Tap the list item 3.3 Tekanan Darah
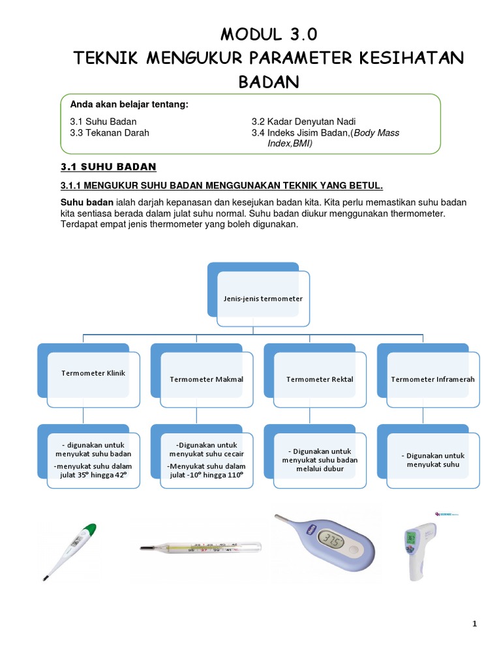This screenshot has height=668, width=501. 110,132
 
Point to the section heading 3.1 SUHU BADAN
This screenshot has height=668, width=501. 108,166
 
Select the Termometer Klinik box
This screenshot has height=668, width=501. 93,373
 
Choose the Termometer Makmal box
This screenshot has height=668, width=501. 206,379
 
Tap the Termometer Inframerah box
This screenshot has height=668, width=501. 433,379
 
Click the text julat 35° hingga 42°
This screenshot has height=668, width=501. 93,475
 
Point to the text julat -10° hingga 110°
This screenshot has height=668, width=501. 206,475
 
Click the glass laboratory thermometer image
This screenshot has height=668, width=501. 200,546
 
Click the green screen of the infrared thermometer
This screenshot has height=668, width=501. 412,538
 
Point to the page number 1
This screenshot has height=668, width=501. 474,624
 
